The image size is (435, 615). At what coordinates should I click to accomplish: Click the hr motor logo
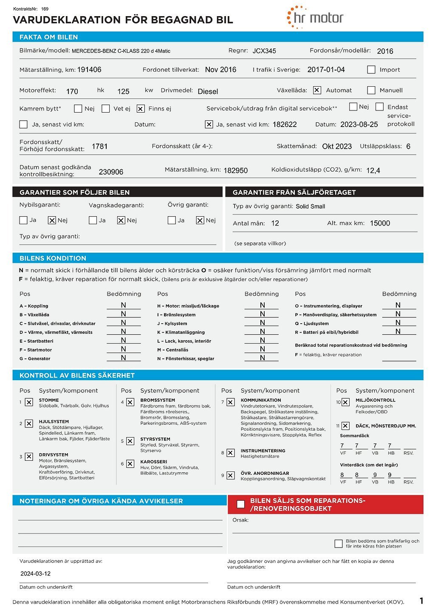(x=315, y=18)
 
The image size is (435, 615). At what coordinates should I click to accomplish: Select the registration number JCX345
(x=264, y=51)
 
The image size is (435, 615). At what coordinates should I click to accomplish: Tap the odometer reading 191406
(x=89, y=70)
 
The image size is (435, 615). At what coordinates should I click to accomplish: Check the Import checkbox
(x=371, y=70)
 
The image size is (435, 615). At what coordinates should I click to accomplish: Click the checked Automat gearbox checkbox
(x=317, y=90)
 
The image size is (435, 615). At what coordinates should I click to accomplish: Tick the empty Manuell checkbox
(x=371, y=90)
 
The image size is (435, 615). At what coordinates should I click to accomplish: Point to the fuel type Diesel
(x=208, y=91)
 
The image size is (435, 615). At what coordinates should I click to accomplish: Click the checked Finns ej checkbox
(x=141, y=109)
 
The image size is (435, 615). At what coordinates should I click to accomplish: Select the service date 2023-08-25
(x=359, y=124)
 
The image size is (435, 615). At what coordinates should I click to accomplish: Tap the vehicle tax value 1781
(x=99, y=147)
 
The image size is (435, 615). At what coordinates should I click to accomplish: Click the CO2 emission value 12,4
(x=373, y=171)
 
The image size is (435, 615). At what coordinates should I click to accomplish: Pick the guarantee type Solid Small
(x=310, y=206)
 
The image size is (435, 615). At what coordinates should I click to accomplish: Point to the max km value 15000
(x=380, y=223)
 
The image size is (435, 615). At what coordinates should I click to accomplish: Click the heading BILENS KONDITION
(x=53, y=258)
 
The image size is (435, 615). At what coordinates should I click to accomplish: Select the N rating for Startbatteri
(x=123, y=340)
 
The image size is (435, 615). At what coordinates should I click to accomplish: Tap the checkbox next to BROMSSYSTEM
(x=130, y=402)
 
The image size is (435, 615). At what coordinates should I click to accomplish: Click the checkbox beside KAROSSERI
(x=130, y=464)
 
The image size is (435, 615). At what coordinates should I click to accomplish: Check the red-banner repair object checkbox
(x=241, y=504)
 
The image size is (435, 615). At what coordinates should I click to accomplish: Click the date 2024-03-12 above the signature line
(x=35, y=573)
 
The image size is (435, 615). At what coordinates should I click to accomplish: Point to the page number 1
(x=421, y=601)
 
